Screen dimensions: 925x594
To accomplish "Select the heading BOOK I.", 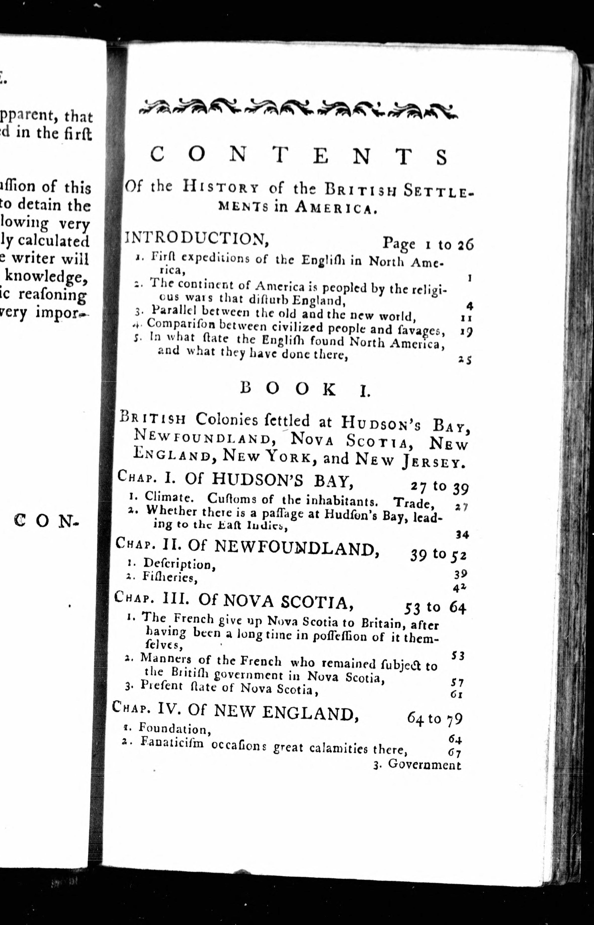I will [305, 389].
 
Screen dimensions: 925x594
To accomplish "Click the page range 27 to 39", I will [439, 487].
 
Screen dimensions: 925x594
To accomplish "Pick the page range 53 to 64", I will [435, 608].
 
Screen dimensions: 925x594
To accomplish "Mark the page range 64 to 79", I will [434, 718].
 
